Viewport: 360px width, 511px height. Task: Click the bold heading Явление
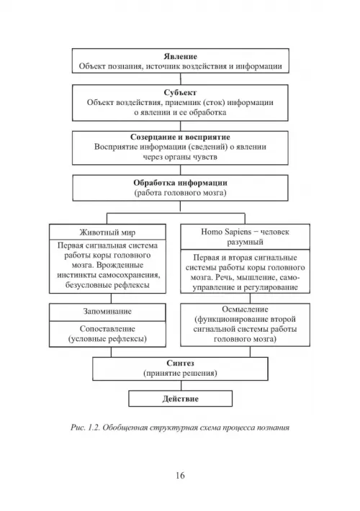pos(180,56)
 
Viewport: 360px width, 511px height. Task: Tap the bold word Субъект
pos(180,93)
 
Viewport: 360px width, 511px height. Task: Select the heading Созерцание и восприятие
pos(180,137)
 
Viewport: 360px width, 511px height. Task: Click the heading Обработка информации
pos(180,183)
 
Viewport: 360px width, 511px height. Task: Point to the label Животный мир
pos(107,232)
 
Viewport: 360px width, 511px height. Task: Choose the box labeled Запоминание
pos(107,312)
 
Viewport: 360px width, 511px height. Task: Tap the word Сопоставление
pos(107,329)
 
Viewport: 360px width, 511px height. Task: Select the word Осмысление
pos(245,309)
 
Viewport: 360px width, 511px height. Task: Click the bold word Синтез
pos(180,363)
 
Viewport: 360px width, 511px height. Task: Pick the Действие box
pos(180,399)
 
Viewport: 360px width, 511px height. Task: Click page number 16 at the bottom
pos(180,476)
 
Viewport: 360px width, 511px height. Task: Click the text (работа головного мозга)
pos(180,193)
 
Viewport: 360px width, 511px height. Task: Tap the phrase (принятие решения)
pos(180,373)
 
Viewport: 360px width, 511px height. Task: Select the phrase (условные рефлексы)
pos(107,339)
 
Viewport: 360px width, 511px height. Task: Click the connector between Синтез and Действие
pos(181,386)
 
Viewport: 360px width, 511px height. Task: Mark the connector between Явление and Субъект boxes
pos(180,79)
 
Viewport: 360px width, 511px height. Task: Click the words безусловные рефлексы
pos(107,285)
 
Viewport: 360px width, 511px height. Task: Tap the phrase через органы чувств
pos(180,157)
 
